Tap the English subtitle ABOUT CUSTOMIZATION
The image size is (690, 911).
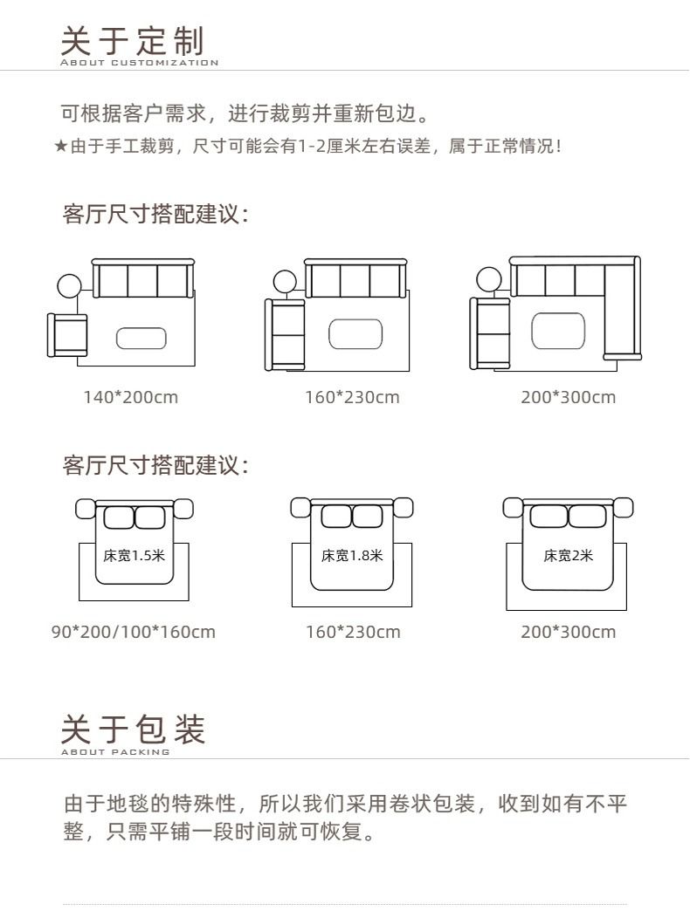[140, 63]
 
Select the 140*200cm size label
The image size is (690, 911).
[130, 397]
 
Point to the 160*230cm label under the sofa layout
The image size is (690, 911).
[352, 397]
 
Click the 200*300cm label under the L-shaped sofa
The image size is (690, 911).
[568, 397]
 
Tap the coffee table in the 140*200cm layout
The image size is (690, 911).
[141, 339]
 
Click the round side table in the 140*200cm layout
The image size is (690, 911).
[69, 286]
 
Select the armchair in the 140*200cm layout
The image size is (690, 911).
[67, 335]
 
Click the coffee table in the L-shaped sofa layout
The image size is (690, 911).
[558, 331]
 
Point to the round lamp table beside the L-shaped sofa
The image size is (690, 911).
[489, 279]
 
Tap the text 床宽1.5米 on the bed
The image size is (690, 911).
[135, 556]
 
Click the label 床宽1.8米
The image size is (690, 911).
[352, 556]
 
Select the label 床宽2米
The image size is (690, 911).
[568, 556]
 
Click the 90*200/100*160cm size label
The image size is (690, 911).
[133, 632]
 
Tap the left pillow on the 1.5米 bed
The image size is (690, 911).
[119, 517]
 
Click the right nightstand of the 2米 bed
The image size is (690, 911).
[623, 507]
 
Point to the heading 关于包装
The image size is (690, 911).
[133, 729]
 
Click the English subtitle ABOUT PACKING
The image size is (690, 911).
[115, 752]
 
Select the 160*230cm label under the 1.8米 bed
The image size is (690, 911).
[353, 632]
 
